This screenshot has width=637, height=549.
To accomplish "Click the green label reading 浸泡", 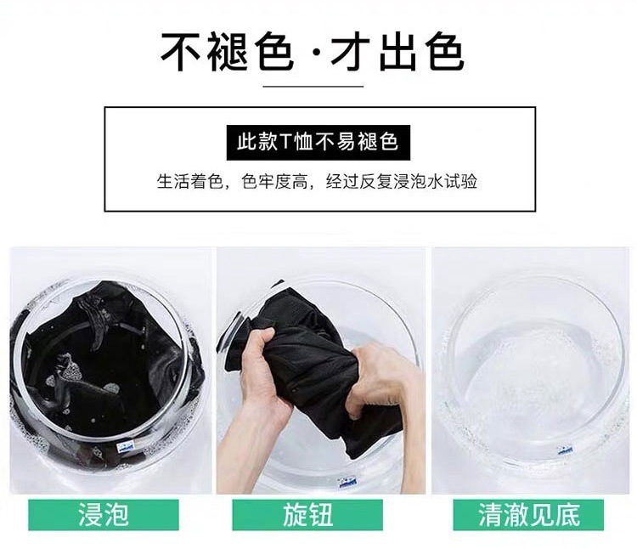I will (x=104, y=515).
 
